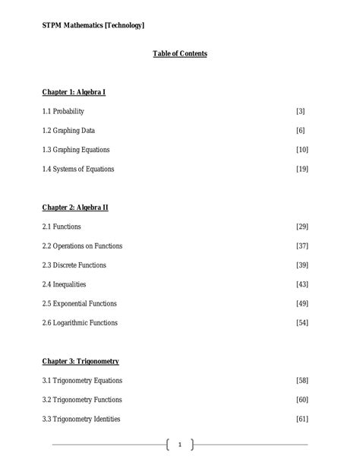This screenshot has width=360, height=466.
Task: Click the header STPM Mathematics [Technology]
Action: (x=93, y=26)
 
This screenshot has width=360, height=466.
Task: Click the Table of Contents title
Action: (x=180, y=54)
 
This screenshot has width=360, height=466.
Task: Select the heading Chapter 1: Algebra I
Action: (x=74, y=93)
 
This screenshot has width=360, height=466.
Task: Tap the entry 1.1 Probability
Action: (x=63, y=112)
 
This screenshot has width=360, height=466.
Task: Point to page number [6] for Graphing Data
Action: (x=301, y=131)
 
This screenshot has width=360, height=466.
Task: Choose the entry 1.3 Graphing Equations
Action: (x=76, y=150)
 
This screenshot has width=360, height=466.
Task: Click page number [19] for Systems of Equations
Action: (x=302, y=169)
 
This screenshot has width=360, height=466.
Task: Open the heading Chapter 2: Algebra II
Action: (x=75, y=208)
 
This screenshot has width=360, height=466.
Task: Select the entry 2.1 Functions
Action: (x=62, y=227)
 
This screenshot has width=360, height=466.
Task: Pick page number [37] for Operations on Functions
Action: (x=302, y=246)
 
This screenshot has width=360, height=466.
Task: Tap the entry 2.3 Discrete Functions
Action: (x=74, y=265)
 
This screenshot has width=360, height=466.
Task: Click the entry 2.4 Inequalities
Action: (x=65, y=284)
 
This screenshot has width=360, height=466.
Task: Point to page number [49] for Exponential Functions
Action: (x=302, y=303)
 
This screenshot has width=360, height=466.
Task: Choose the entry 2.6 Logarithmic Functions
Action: (x=80, y=322)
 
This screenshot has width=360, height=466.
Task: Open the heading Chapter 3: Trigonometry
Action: (x=81, y=361)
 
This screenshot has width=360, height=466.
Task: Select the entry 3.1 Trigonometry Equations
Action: (x=82, y=380)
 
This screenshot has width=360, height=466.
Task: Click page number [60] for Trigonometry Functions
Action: (x=302, y=400)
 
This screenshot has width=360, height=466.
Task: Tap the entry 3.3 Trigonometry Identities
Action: (x=81, y=419)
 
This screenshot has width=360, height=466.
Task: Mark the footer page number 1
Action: (x=180, y=445)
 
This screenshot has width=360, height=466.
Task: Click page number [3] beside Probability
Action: (x=301, y=112)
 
